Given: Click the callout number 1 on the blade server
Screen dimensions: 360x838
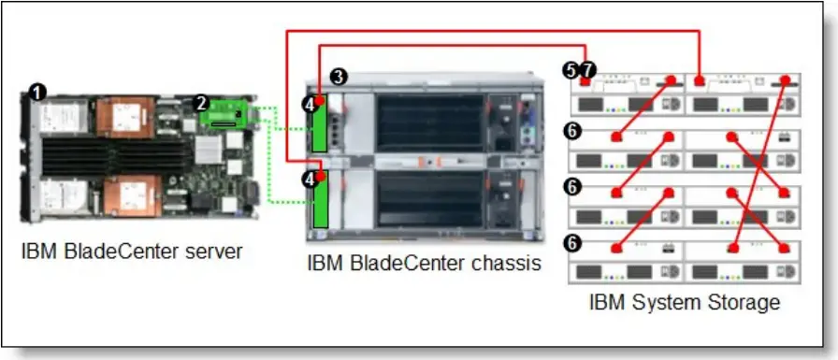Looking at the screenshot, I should pyautogui.click(x=36, y=91).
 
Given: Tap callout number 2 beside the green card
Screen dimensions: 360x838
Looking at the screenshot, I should pyautogui.click(x=200, y=102).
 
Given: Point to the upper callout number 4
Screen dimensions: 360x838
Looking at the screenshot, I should pyautogui.click(x=309, y=106).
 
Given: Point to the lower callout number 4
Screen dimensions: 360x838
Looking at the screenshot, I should pyautogui.click(x=309, y=178).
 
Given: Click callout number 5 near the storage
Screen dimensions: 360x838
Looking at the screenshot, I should pyautogui.click(x=571, y=70).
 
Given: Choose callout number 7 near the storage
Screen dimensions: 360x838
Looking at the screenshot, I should pyautogui.click(x=587, y=70).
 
